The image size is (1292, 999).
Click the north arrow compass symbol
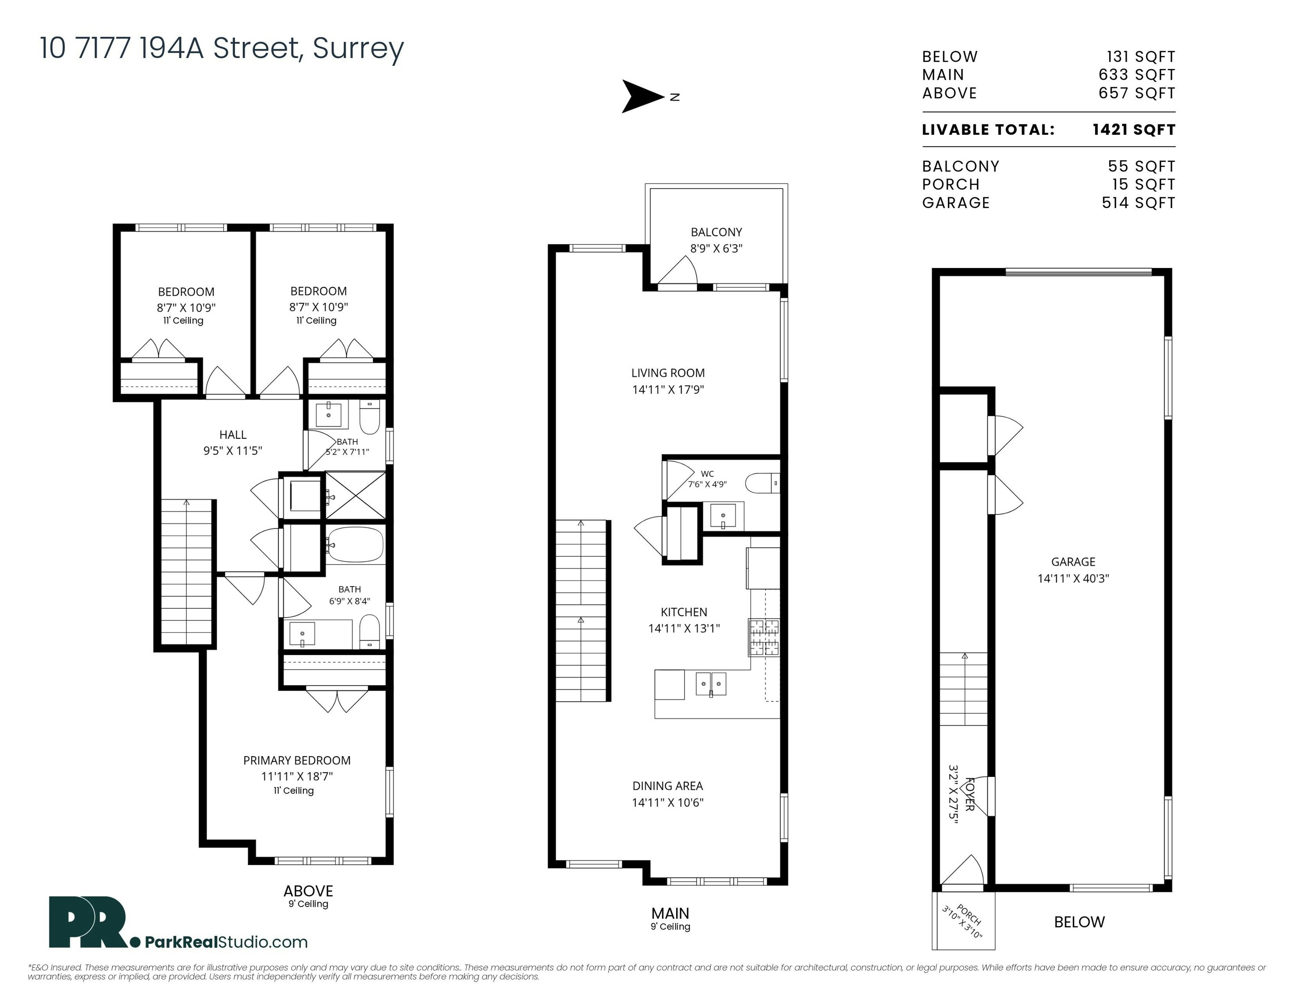tap(642, 96)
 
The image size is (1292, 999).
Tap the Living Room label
tap(668, 373)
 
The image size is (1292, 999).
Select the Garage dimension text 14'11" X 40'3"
tap(1073, 578)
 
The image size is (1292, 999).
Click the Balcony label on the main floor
tap(716, 232)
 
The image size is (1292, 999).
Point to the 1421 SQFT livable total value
tap(1133, 130)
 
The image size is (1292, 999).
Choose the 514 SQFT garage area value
tap(1138, 202)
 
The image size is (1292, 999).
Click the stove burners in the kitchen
tap(764, 637)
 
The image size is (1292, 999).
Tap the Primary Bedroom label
tap(297, 760)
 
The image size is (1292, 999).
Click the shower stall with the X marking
tap(355, 496)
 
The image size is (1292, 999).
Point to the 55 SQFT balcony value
tap(1142, 166)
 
